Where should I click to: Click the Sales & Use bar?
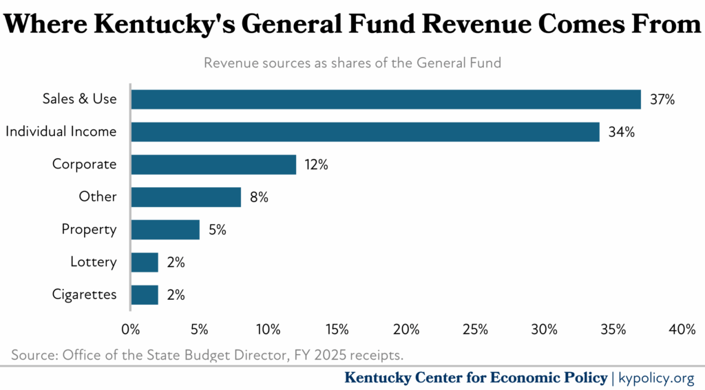(386, 99)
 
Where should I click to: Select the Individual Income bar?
(365, 131)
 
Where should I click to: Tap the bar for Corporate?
(213, 164)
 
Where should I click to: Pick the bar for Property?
(165, 230)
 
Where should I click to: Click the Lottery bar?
(145, 262)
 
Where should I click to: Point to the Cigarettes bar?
(145, 295)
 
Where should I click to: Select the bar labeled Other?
(186, 197)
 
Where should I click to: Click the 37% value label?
(662, 99)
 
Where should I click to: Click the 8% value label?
(259, 197)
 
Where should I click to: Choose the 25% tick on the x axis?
(475, 329)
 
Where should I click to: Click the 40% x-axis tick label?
(682, 329)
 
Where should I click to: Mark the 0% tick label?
(131, 329)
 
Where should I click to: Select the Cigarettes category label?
(84, 295)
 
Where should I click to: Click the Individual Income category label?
(61, 131)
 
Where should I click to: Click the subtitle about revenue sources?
(352, 63)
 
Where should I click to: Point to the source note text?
(207, 355)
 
